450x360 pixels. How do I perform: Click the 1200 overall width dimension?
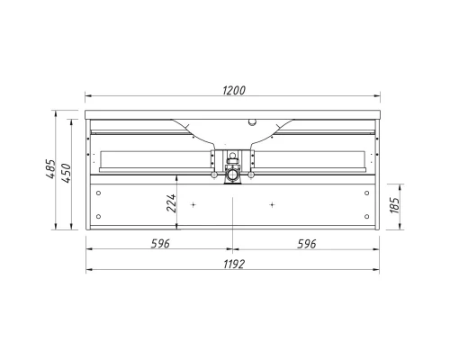[233, 88]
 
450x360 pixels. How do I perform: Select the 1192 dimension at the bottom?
[233, 263]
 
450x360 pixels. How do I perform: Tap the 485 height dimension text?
[52, 170]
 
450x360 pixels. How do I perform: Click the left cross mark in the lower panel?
[193, 206]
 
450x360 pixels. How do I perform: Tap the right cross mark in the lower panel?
[273, 206]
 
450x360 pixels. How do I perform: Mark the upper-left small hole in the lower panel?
[99, 193]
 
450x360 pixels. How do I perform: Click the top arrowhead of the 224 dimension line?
[178, 177]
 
